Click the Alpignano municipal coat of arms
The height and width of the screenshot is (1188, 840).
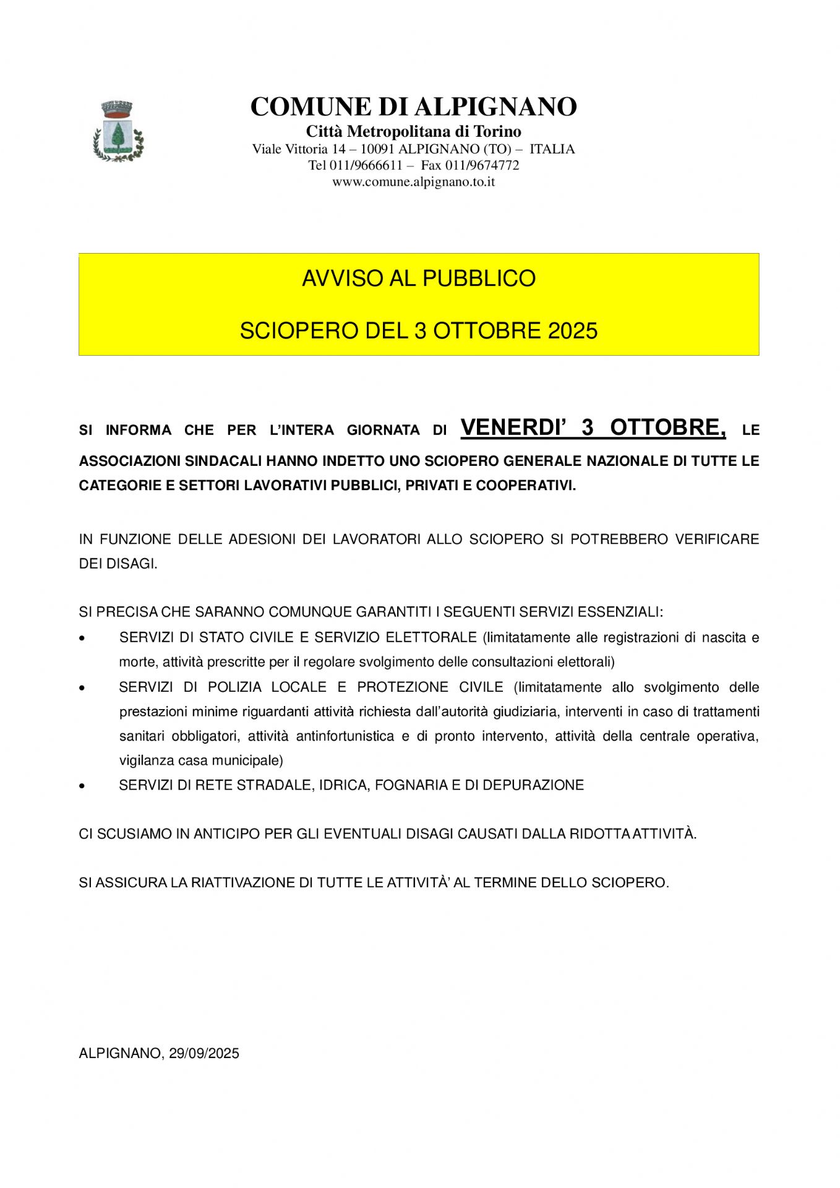point(118,131)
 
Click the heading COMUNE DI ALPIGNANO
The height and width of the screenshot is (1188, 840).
point(413,106)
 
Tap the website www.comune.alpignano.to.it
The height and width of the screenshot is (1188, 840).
point(413,182)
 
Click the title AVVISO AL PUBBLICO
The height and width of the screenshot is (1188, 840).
point(419,278)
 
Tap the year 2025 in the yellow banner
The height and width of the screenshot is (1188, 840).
point(573,331)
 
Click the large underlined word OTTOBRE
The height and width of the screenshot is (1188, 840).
point(667,428)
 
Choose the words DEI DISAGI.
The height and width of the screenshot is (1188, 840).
point(118,564)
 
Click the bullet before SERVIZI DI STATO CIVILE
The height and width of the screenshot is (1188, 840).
point(82,638)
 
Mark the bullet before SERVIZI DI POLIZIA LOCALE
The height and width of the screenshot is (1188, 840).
point(82,687)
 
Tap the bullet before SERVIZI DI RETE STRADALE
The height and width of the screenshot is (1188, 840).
point(82,786)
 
